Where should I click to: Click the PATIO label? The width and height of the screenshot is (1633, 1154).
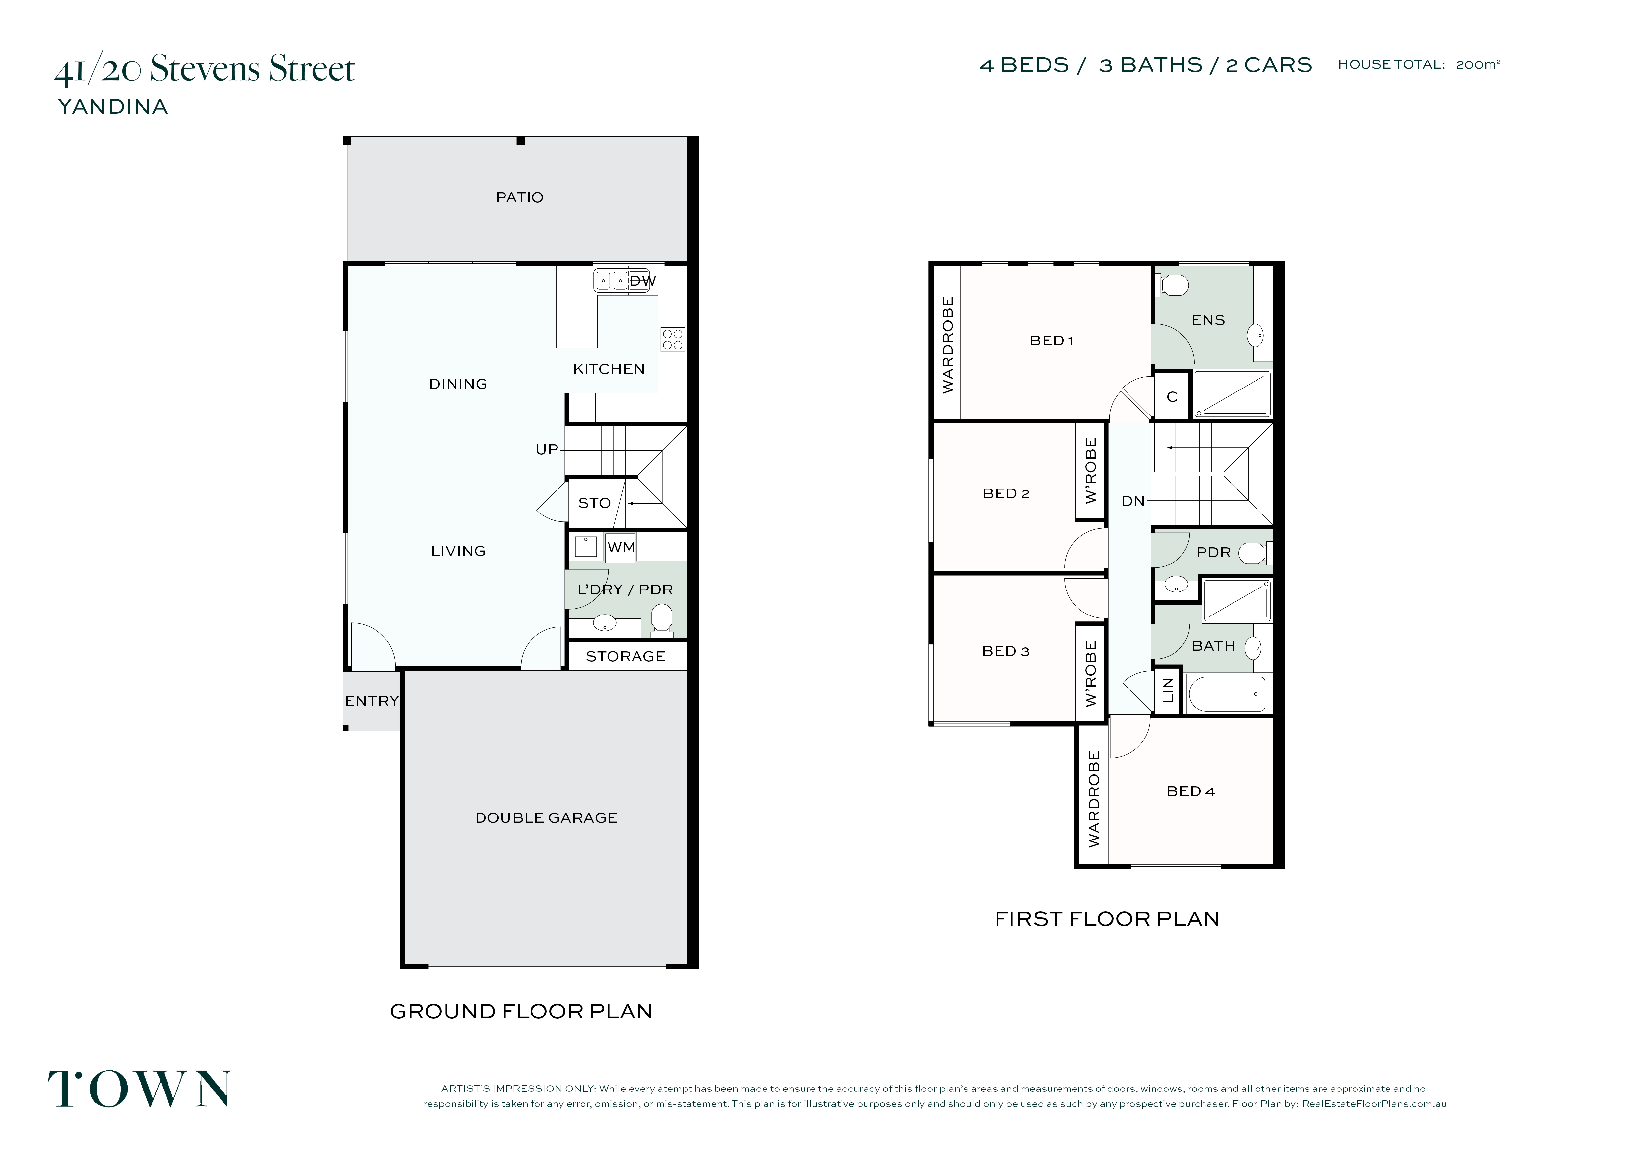tap(520, 198)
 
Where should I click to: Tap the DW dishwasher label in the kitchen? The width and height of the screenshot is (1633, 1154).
tap(643, 281)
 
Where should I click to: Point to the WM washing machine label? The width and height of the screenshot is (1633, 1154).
tap(621, 547)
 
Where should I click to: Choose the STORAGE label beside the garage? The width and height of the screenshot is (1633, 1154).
tap(626, 656)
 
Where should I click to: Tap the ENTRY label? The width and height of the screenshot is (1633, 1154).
tap(371, 701)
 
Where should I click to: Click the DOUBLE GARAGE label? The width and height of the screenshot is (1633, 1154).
tap(546, 818)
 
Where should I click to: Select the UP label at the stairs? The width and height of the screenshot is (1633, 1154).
tap(547, 449)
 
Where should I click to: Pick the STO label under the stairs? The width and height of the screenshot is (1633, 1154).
tap(595, 503)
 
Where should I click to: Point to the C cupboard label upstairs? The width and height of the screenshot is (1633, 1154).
tap(1172, 397)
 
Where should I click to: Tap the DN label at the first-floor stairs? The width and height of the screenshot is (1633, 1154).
tap(1133, 501)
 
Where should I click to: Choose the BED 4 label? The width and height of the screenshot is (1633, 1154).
tap(1191, 791)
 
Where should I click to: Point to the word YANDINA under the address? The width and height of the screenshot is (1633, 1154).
tap(112, 107)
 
